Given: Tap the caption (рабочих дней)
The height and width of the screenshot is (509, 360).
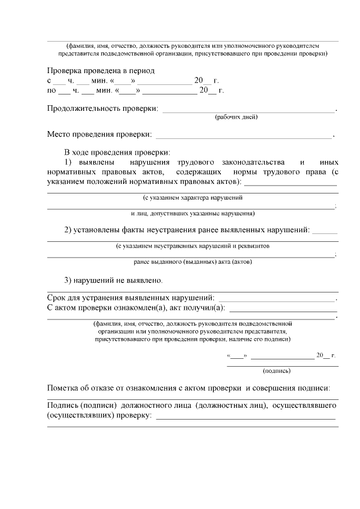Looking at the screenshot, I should pyautogui.click(x=236, y=118).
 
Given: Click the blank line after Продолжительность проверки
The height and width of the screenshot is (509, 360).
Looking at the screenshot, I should pyautogui.click(x=248, y=111).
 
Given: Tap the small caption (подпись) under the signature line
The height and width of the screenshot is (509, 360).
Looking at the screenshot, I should pyautogui.click(x=277, y=371).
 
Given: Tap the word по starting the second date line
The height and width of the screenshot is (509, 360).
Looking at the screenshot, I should pyautogui.click(x=51, y=90).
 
